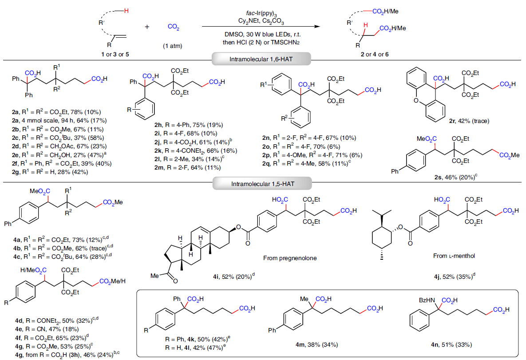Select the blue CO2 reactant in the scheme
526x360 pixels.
[x=174, y=28]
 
